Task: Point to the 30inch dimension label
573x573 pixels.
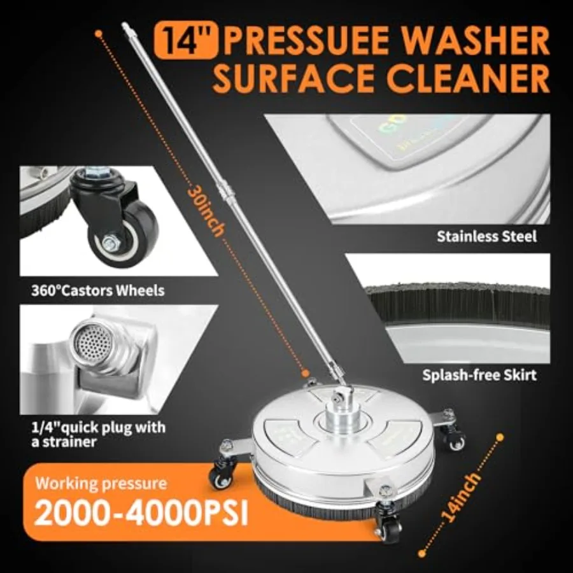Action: pos(206,212)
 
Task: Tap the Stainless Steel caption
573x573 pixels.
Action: pos(487,236)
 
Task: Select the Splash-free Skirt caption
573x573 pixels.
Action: pos(479,375)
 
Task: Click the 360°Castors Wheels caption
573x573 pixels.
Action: pos(98,291)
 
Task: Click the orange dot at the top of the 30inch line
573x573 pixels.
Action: pos(98,33)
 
